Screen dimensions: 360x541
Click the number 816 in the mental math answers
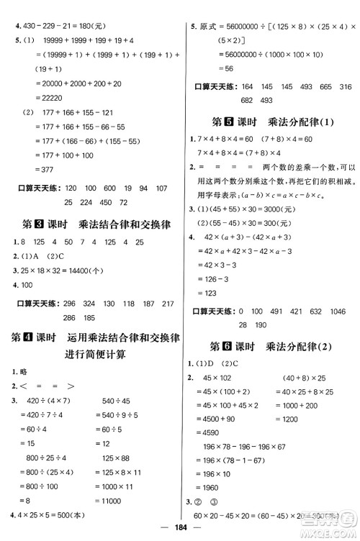pos(344,86)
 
